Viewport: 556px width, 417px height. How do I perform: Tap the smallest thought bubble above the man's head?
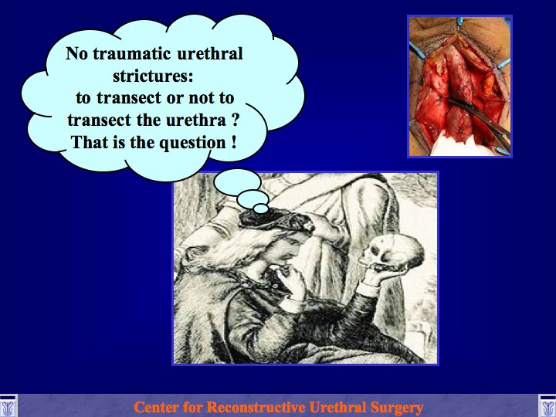pyautogui.click(x=261, y=208)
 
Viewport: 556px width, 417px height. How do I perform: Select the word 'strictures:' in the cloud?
pyautogui.click(x=153, y=76)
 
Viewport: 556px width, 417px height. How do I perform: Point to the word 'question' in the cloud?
pyautogui.click(x=192, y=143)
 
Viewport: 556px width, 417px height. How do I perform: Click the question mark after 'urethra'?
pyautogui.click(x=234, y=120)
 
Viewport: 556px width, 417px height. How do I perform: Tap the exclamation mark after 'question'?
pyautogui.click(x=234, y=142)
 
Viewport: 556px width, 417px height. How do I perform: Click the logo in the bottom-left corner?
pyautogui.click(x=8, y=406)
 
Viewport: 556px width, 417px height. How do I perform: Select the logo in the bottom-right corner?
pyautogui.click(x=548, y=406)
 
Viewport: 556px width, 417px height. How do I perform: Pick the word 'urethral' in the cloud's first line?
pyautogui.click(x=209, y=54)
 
